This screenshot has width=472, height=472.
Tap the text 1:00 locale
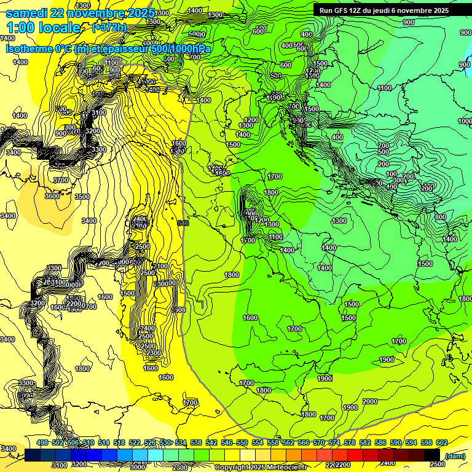click(43, 28)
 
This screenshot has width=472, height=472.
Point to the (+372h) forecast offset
click(110, 28)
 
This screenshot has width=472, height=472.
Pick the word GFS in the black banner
click(340, 10)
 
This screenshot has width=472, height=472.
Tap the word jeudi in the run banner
click(380, 10)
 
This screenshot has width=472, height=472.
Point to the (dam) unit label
click(454, 455)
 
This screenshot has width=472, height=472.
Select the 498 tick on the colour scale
click(42, 443)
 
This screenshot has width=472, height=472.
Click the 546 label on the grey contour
click(183, 222)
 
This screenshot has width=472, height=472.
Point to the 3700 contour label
click(61, 180)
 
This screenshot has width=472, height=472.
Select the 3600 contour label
click(52, 196)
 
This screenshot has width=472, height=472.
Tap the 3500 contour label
click(82, 197)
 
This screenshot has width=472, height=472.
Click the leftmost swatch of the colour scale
click(33, 455)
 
